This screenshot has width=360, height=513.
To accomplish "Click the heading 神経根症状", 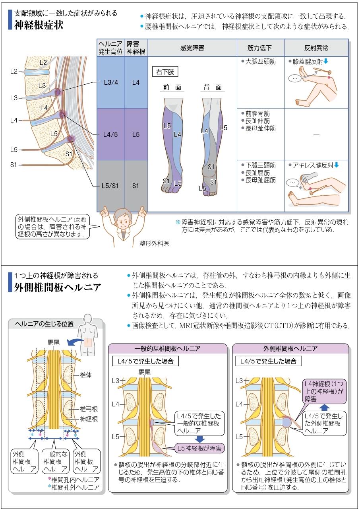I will pos(39,25).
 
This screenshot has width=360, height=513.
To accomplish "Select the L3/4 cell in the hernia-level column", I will pos(111,83).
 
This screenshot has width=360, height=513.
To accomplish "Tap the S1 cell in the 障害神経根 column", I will pos(136,186).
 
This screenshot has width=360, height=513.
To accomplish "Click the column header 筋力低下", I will pos(260,48).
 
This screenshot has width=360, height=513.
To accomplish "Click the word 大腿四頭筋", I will pos(260,62).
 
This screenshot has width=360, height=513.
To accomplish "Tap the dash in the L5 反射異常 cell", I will pos(316,134).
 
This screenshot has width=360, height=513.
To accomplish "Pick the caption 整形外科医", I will pos(154,244).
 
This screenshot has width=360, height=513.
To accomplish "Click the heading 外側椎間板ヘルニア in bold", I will pos(58,287).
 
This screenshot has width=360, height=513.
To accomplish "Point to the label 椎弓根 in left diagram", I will pos(89,408).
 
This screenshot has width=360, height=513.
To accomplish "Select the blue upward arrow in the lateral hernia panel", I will pos(324,407).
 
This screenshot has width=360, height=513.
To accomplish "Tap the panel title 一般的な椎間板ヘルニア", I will pos(167,348).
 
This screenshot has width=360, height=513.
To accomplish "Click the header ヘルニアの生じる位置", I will pos(44,324).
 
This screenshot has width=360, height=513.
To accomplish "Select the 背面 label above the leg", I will pos(213,88).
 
